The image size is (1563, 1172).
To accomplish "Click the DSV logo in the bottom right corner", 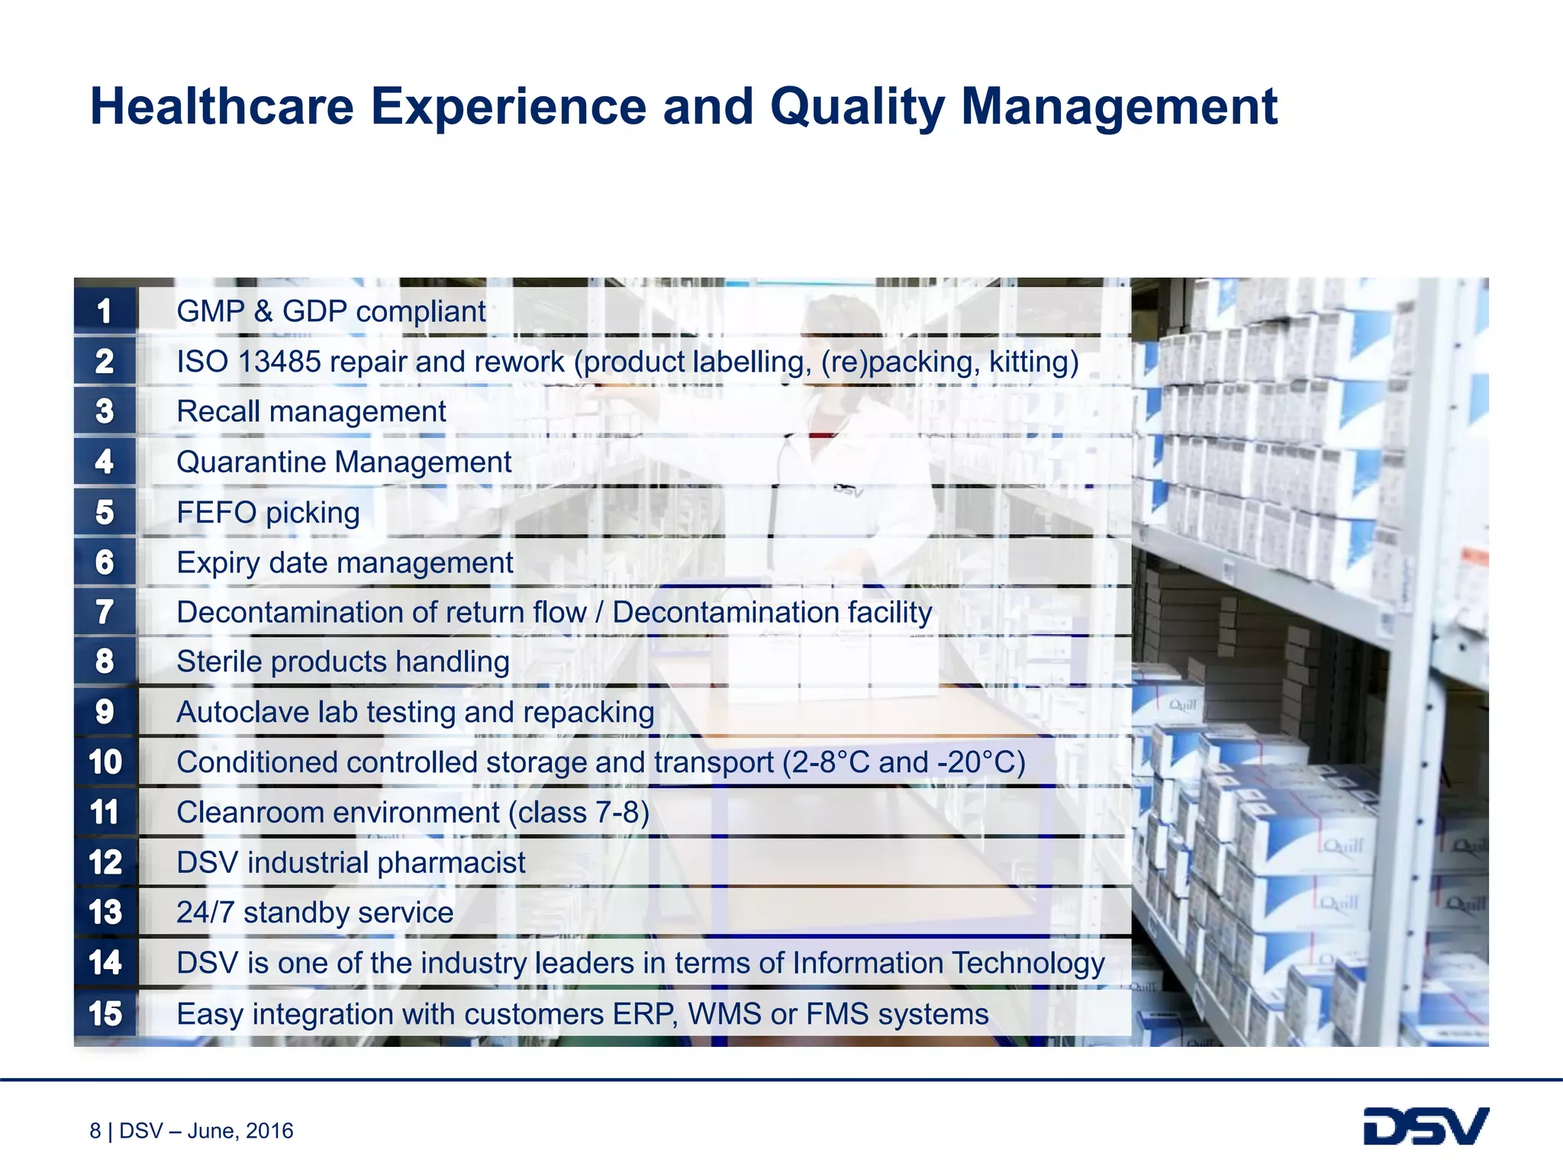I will pos(1426,1126).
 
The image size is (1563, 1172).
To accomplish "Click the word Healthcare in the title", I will pos(221,106).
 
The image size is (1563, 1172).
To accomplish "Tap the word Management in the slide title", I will pos(1118,106).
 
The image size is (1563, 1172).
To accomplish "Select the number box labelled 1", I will pos(105,311).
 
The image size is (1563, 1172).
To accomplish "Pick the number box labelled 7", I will pos(105,612).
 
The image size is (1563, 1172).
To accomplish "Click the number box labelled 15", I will pos(105,1013).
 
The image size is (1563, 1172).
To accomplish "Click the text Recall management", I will pos(311,412).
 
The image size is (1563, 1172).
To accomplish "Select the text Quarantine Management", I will pos(343,462).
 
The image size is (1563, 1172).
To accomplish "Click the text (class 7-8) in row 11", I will pos(579,813).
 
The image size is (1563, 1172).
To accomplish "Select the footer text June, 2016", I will pos(240,1131).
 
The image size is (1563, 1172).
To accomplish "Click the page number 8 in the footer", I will pos(95,1131).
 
